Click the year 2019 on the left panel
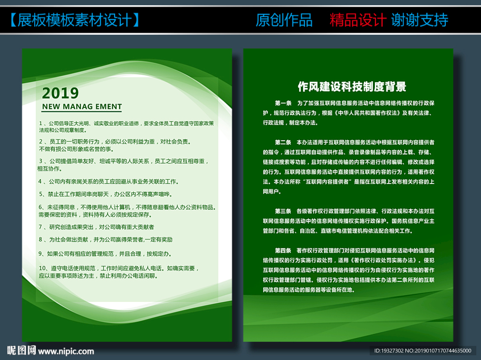[60, 93]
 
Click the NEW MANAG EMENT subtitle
[82, 107]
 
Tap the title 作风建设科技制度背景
[352, 87]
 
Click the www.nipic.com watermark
[66, 351]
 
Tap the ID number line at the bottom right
[422, 351]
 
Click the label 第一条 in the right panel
[283, 102]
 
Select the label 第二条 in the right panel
[283, 142]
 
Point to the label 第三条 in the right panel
[283, 211]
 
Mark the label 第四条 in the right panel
[283, 250]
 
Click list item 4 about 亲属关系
[109, 181]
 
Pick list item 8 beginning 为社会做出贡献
[106, 239]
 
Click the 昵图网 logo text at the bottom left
[22, 351]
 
